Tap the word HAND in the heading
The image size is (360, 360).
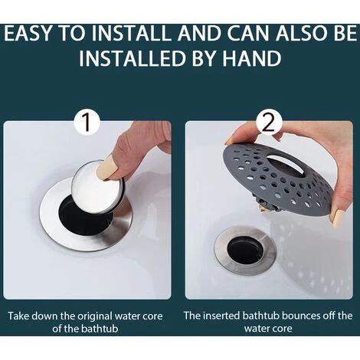click(x=252, y=58)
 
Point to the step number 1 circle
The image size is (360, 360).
click(x=87, y=123)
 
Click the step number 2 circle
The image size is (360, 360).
click(x=269, y=123)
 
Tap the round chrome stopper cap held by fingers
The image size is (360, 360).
click(x=97, y=187)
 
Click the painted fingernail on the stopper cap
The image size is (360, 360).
click(x=107, y=168)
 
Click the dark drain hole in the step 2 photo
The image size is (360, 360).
click(x=244, y=251)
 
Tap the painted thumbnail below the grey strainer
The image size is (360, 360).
click(x=337, y=219)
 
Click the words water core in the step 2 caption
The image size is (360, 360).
click(x=268, y=329)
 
